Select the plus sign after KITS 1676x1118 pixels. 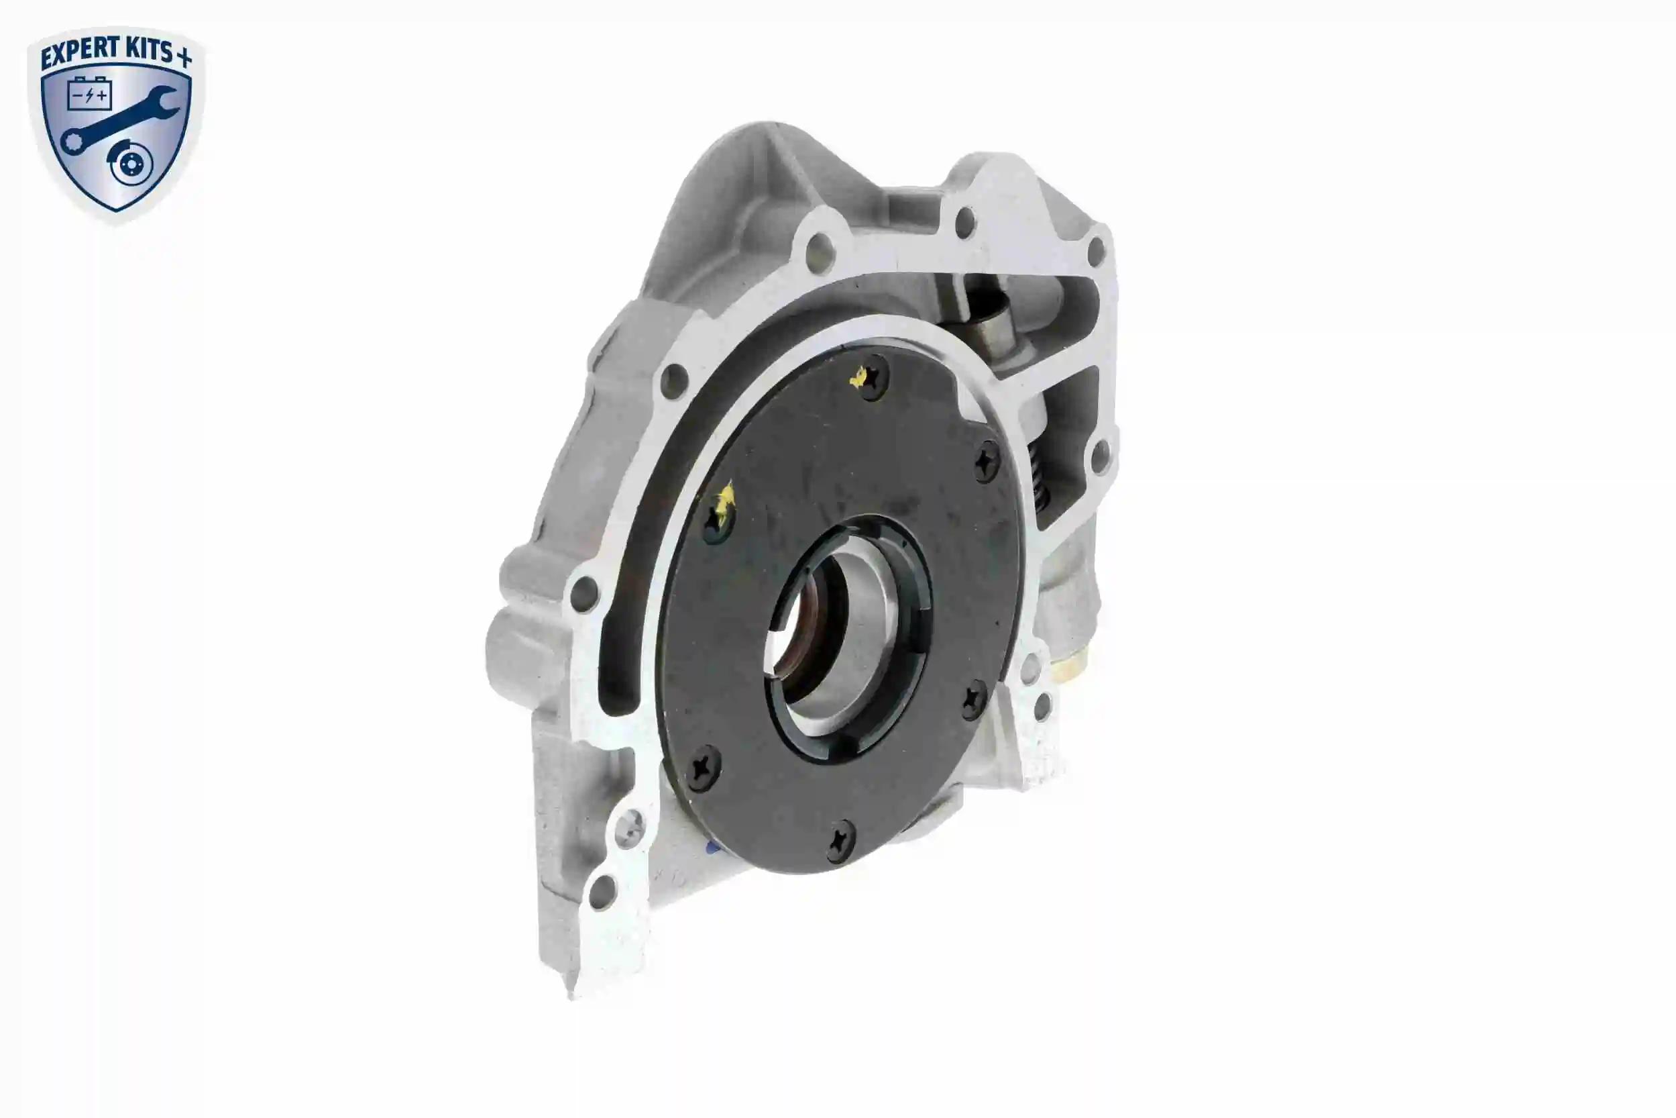click(x=183, y=56)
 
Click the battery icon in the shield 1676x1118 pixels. click(x=89, y=93)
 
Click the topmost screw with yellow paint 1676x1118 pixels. click(x=871, y=378)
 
